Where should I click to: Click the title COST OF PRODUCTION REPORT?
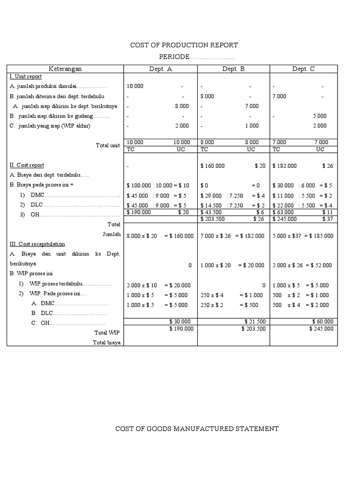(x=184, y=45)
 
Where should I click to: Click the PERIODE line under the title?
(x=196, y=57)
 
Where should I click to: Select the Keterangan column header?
(x=65, y=69)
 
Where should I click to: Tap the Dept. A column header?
(x=160, y=69)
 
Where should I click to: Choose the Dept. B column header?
(x=233, y=69)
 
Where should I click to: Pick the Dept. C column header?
(x=304, y=69)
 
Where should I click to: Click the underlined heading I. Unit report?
(x=26, y=76)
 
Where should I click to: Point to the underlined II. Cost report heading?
(x=27, y=165)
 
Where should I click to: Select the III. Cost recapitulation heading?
(x=37, y=244)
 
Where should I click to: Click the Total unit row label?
(x=108, y=145)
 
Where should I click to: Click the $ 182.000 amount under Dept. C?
(x=285, y=165)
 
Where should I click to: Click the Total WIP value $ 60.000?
(x=322, y=322)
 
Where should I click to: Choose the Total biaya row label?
(x=107, y=343)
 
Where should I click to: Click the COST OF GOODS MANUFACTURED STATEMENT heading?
(x=197, y=428)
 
